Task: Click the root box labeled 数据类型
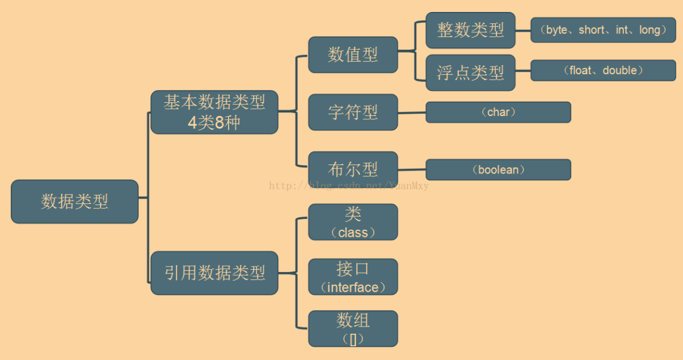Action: pyautogui.click(x=75, y=202)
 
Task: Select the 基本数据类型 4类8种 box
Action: pyautogui.click(x=214, y=112)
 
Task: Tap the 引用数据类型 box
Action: pyautogui.click(x=214, y=273)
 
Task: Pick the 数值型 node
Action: pyautogui.click(x=353, y=55)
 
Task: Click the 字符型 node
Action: pyautogui.click(x=353, y=112)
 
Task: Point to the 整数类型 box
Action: pyautogui.click(x=471, y=30)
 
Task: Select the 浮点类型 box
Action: pyautogui.click(x=471, y=73)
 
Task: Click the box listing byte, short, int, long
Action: pyautogui.click(x=603, y=30)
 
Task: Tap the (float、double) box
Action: pyautogui.click(x=603, y=71)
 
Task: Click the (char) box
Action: pyautogui.click(x=498, y=112)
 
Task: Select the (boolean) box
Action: pyautogui.click(x=498, y=170)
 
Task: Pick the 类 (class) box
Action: pyautogui.click(x=353, y=222)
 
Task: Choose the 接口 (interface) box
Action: pyautogui.click(x=353, y=277)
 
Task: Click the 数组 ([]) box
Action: pyautogui.click(x=353, y=329)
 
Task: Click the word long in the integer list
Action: pyautogui.click(x=650, y=30)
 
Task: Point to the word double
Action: pyautogui.click(x=620, y=70)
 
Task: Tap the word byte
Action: pyautogui.click(x=557, y=30)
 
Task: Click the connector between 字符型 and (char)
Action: pyautogui.click(x=411, y=113)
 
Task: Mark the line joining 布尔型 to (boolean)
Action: pyautogui.click(x=411, y=170)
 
